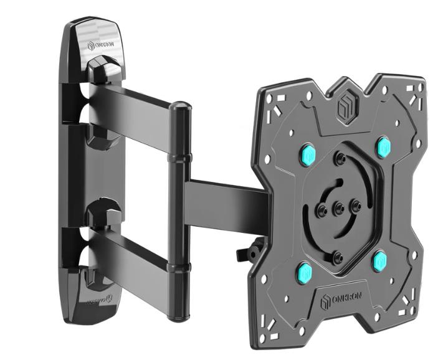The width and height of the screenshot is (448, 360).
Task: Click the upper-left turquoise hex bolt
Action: pyautogui.click(x=307, y=153)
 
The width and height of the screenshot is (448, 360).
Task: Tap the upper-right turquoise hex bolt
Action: pyautogui.click(x=382, y=147)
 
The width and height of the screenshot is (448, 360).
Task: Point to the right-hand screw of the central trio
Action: pyautogui.click(x=356, y=203)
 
